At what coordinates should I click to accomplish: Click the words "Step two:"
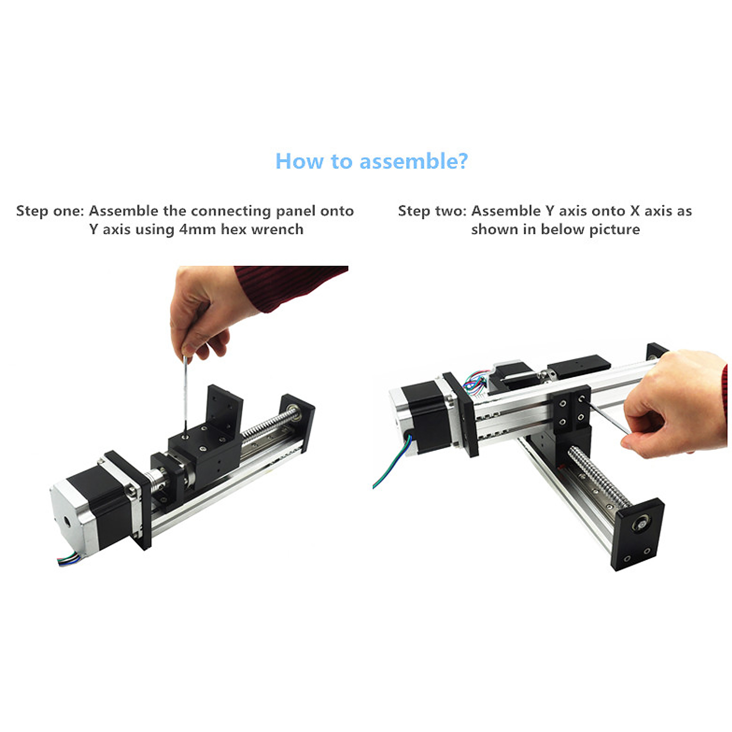coord(432,211)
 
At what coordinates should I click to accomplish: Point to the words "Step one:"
coord(50,211)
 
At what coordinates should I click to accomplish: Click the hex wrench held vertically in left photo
coord(185,395)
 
